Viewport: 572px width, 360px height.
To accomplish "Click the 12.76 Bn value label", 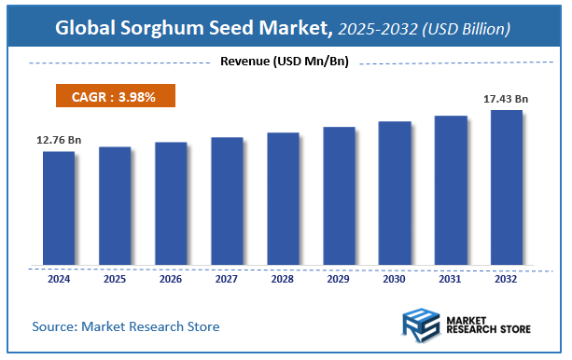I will pyautogui.click(x=59, y=140).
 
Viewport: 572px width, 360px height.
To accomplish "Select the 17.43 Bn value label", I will pyautogui.click(x=506, y=98).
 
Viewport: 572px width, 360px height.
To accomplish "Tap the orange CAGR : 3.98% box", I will pyautogui.click(x=110, y=96).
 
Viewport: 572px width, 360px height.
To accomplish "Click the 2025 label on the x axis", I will pyautogui.click(x=115, y=279).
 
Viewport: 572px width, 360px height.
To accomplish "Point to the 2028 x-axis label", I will pyautogui.click(x=283, y=279).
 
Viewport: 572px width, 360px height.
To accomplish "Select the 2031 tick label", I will pyautogui.click(x=451, y=279).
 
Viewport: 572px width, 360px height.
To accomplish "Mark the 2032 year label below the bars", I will pyautogui.click(x=507, y=279).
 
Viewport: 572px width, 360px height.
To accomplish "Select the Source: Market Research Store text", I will pyautogui.click(x=126, y=326).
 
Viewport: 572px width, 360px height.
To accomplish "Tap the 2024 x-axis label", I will pyautogui.click(x=59, y=279).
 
